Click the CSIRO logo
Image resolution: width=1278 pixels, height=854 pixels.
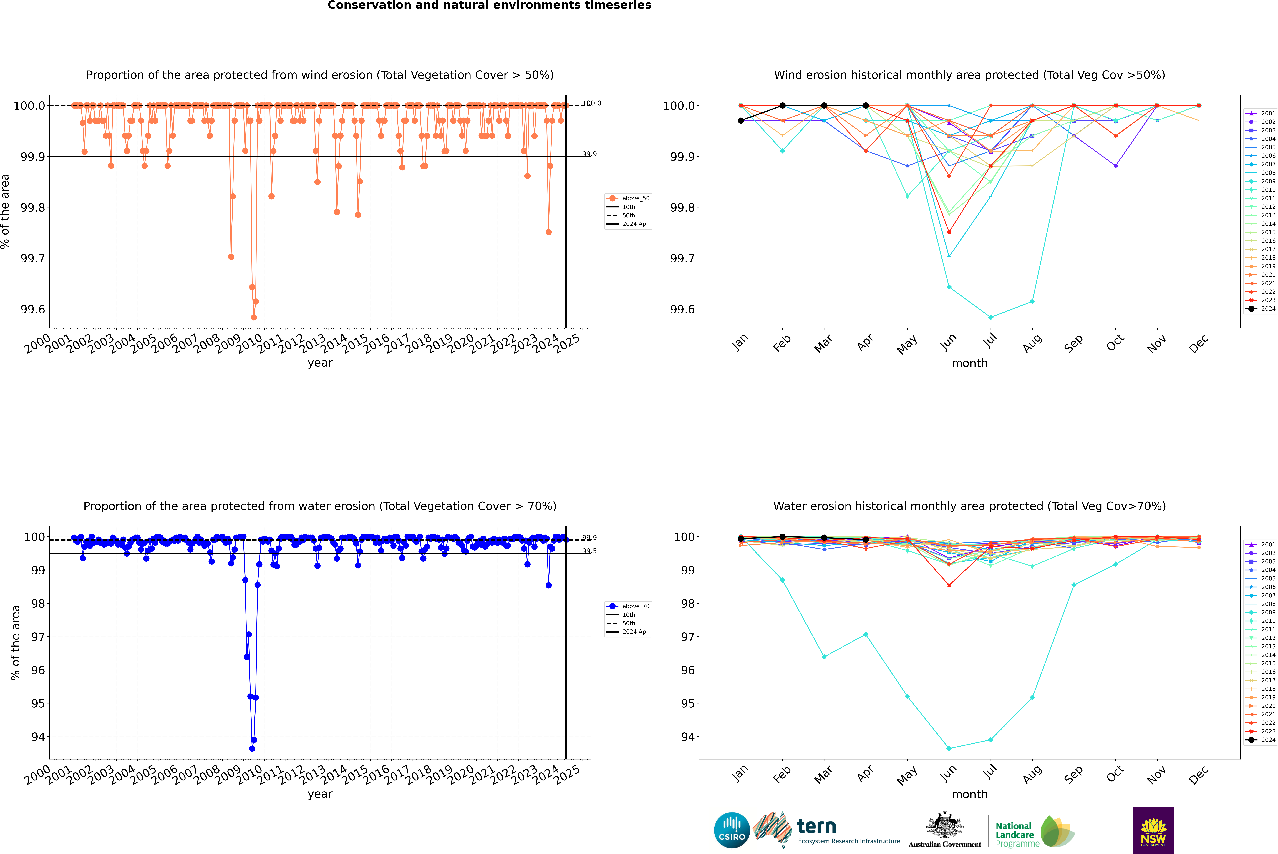(x=732, y=830)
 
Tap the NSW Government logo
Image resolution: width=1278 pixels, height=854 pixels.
(x=1153, y=830)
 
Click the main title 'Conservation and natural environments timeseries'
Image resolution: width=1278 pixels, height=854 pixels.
(x=489, y=5)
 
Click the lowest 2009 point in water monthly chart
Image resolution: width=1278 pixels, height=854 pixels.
(x=949, y=748)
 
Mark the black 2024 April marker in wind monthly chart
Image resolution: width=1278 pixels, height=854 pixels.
(x=866, y=106)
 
